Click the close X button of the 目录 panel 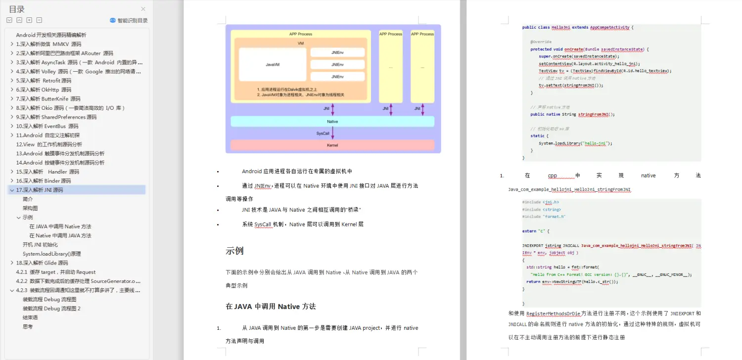coord(143,9)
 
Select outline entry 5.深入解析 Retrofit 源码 coord(44,81)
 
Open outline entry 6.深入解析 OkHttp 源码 coord(44,90)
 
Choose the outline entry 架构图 coord(30,208)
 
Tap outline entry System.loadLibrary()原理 coord(51,254)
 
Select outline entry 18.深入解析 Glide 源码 coord(42,263)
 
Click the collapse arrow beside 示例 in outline coord(19,218)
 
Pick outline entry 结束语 coord(30,317)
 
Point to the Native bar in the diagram coord(332,121)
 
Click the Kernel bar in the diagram coord(332,145)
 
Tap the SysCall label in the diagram coord(323,134)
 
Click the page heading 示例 coord(234,251)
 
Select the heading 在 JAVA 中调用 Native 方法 coord(271,307)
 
